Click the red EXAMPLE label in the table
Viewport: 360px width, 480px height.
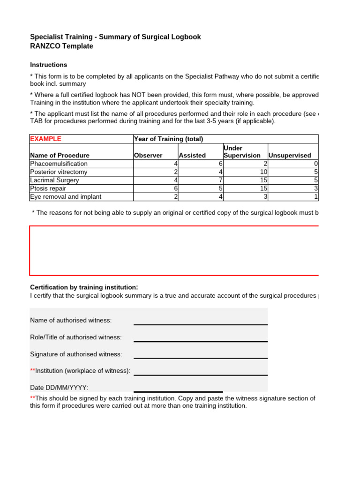tap(45, 139)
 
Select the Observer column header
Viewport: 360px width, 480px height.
tap(148, 155)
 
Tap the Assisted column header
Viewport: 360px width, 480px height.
tap(192, 155)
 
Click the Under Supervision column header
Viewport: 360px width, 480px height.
tap(242, 151)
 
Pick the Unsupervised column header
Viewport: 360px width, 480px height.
tap(289, 155)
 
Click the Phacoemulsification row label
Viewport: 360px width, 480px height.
tap(59, 164)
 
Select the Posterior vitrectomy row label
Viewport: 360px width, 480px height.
tap(59, 172)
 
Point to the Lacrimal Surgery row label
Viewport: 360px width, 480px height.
tap(54, 180)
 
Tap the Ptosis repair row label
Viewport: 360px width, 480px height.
tap(48, 188)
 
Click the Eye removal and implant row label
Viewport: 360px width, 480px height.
tap(66, 197)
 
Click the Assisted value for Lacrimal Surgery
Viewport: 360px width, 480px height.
tap(220, 180)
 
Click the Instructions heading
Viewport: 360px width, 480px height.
tap(49, 65)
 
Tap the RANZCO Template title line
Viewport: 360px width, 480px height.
tap(61, 46)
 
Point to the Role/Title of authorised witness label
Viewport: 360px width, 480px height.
tap(76, 337)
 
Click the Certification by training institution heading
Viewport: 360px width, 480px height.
tap(84, 287)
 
